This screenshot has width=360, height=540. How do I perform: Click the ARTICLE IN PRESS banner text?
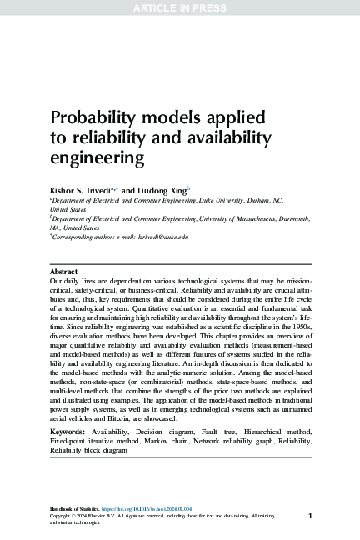pyautogui.click(x=179, y=8)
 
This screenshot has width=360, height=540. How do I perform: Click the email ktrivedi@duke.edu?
pyautogui.click(x=158, y=237)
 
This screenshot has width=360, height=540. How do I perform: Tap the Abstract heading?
pyautogui.click(x=63, y=272)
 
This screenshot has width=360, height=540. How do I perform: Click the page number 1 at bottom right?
pyautogui.click(x=310, y=517)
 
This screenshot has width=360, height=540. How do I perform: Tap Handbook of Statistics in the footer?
pyautogui.click(x=74, y=508)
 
